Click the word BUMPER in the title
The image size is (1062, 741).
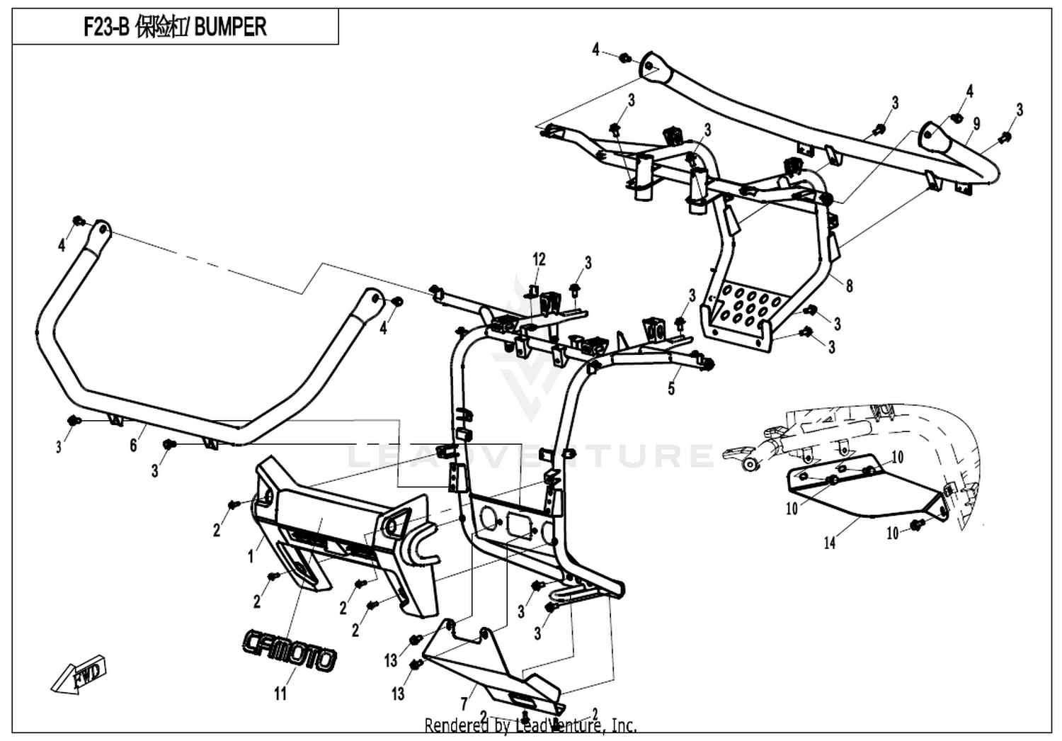(x=230, y=27)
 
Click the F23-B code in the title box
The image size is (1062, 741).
(x=106, y=27)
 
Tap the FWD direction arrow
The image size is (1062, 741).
(x=79, y=674)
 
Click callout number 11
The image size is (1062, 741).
(x=280, y=694)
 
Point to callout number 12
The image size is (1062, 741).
(x=539, y=259)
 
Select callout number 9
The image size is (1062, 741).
(x=976, y=124)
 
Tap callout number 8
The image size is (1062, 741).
(x=850, y=285)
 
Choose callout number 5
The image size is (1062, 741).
(x=671, y=388)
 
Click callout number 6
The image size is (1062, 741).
(x=134, y=445)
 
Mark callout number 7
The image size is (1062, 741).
(x=464, y=704)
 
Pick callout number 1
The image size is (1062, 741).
(x=252, y=557)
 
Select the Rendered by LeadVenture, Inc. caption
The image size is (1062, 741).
(x=530, y=726)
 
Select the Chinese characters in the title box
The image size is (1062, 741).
(x=160, y=27)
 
